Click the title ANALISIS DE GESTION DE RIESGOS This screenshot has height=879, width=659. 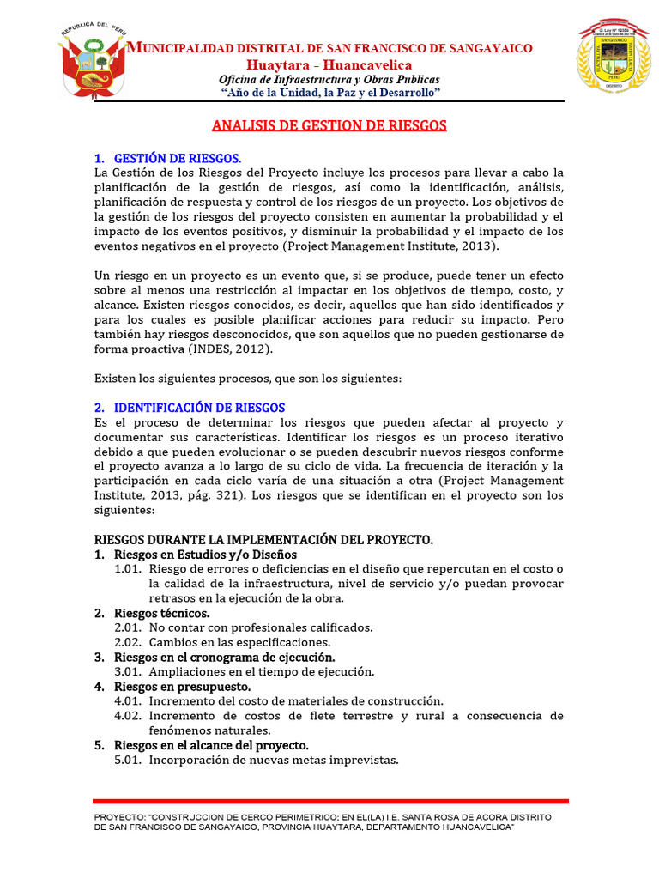point(329,125)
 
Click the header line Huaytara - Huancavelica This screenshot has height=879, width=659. point(329,65)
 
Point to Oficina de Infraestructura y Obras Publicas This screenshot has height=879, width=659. point(329,79)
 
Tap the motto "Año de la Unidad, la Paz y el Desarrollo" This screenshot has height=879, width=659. point(330,92)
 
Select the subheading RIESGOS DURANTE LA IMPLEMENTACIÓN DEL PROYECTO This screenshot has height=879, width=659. point(263,539)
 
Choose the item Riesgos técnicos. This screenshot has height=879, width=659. point(161,613)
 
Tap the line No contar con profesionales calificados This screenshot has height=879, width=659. point(261,627)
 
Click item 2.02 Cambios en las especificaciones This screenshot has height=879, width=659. point(239,642)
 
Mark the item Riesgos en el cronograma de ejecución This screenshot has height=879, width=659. point(224,657)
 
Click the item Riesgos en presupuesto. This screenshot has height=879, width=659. point(182,687)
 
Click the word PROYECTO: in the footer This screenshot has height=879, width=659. point(119,816)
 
